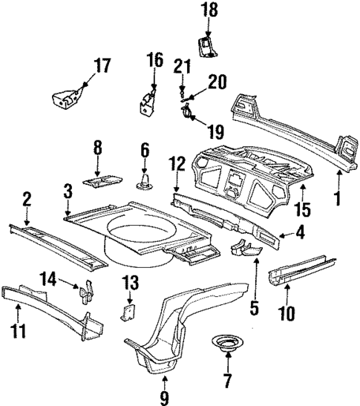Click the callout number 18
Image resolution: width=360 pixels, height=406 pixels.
209,11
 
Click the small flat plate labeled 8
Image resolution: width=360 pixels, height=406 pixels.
102,179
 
